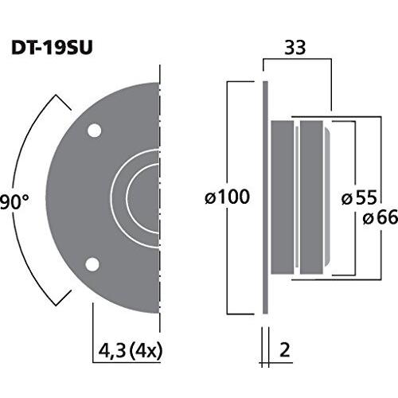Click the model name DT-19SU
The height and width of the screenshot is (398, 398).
pyautogui.click(x=52, y=48)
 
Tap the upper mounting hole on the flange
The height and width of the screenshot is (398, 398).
pyautogui.click(x=95, y=131)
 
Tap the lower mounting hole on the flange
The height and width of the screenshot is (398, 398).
pyautogui.click(x=92, y=264)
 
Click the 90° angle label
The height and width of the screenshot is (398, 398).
pyautogui.click(x=14, y=202)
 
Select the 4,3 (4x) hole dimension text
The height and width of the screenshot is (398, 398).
pyautogui.click(x=130, y=351)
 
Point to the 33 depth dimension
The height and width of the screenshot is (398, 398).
pyautogui.click(x=295, y=48)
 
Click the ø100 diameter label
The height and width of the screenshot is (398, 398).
pyautogui.click(x=228, y=197)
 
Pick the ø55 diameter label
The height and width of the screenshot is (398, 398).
pyautogui.click(x=359, y=197)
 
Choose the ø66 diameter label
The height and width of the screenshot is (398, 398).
pyautogui.click(x=380, y=217)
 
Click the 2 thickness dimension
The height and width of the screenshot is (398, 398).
pyautogui.click(x=284, y=350)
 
